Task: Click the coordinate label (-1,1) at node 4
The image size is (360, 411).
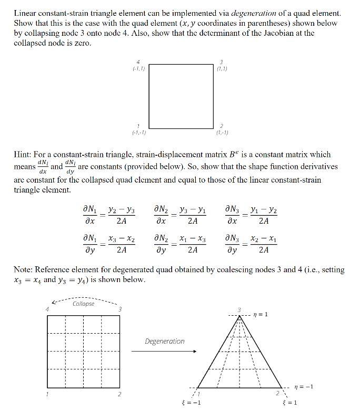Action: click(138, 68)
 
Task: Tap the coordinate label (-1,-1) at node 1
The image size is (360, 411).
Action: click(138, 132)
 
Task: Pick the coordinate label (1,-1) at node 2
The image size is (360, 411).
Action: click(222, 132)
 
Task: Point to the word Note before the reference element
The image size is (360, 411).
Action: click(23, 270)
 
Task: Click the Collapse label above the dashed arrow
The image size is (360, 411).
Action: click(84, 304)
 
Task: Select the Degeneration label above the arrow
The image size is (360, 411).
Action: click(165, 341)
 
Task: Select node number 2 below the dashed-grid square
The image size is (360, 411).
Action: click(119, 394)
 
